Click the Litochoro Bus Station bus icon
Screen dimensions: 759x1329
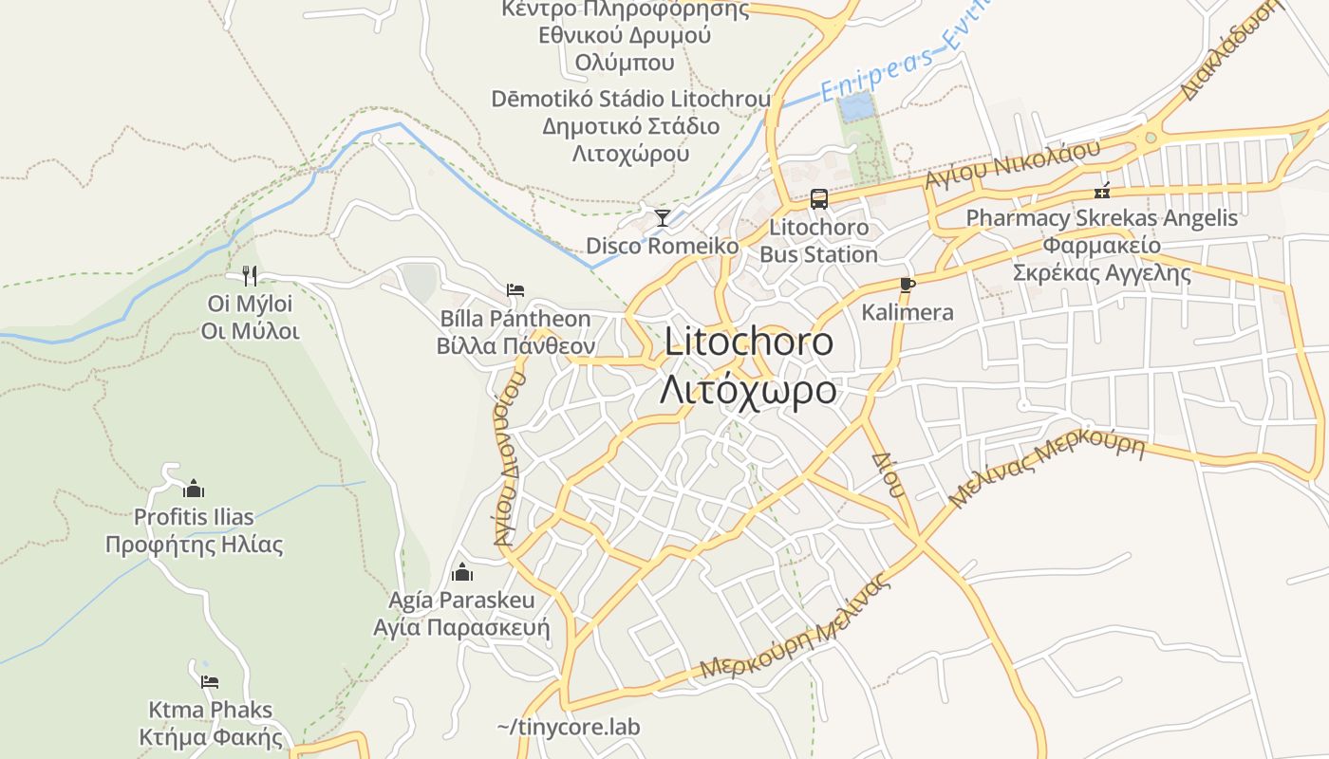[818, 199]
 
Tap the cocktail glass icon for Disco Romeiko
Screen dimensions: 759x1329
[663, 218]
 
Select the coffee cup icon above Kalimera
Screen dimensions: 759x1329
[908, 285]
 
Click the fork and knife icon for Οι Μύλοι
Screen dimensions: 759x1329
[250, 276]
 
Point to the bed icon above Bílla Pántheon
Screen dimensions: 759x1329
[515, 289]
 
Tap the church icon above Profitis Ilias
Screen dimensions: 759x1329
[194, 489]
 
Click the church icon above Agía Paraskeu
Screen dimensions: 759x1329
[462, 572]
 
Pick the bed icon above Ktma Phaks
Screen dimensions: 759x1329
[210, 680]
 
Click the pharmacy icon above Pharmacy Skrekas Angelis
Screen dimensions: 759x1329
[1102, 190]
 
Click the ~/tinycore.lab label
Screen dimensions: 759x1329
[568, 728]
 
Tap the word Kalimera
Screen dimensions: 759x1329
[907, 312]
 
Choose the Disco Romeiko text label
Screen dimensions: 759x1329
[662, 246]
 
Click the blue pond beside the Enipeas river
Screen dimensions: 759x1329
[856, 106]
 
